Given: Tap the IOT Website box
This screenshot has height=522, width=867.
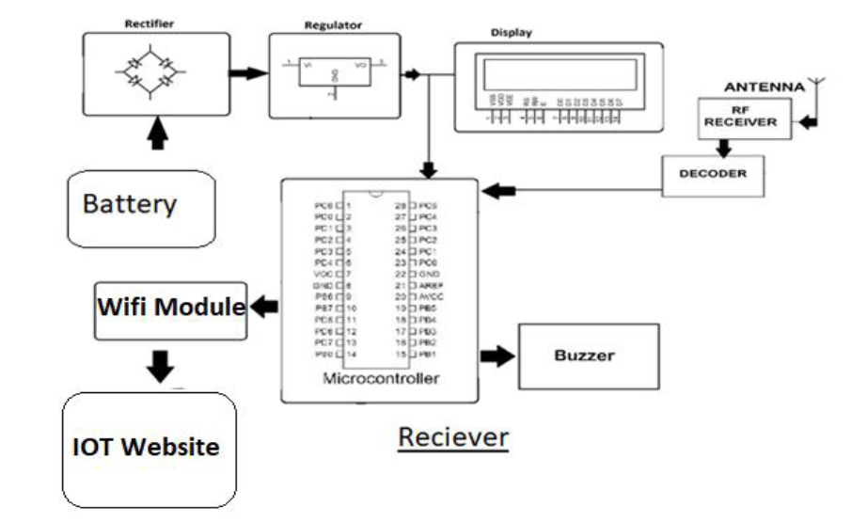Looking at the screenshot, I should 148,447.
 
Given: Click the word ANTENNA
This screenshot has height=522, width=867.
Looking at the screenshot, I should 763,87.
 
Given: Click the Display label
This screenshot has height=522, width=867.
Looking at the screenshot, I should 512,33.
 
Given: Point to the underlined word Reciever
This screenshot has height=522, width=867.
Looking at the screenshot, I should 453,437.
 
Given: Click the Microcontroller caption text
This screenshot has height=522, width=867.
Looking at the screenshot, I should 381,379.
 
